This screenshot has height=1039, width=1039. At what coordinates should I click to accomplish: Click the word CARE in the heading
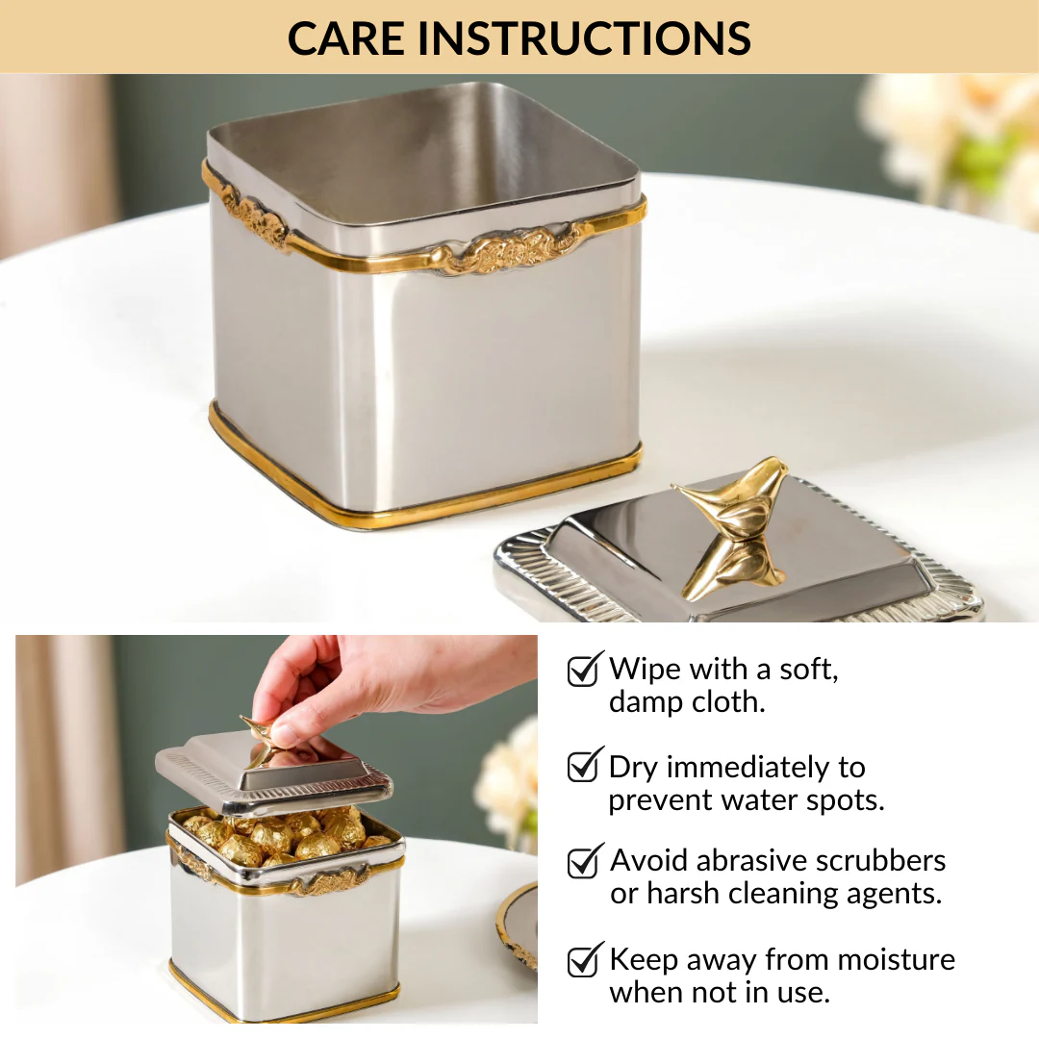coord(345,38)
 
